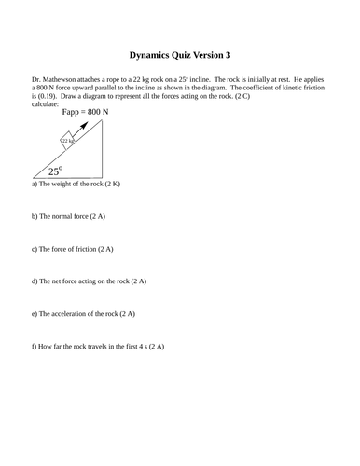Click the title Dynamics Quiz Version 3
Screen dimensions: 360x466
(x=179, y=55)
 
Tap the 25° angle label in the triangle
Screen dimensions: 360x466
(x=56, y=171)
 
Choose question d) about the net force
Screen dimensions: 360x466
(x=89, y=281)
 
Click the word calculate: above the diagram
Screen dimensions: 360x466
(x=45, y=104)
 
